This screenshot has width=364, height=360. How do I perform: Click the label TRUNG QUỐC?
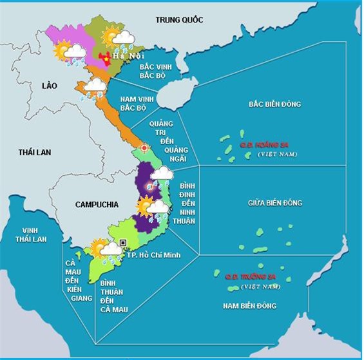click(x=179, y=20)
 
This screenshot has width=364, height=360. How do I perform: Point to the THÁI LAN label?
click(x=34, y=152)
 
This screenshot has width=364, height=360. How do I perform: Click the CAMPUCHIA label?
click(x=97, y=204)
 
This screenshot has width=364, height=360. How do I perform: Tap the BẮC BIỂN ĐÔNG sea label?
click(x=274, y=104)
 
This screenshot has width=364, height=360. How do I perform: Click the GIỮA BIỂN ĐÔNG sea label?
click(x=274, y=204)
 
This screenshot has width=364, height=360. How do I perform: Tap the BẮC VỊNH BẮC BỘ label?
click(x=158, y=70)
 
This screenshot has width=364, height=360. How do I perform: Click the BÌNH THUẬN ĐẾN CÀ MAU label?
click(x=114, y=296)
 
